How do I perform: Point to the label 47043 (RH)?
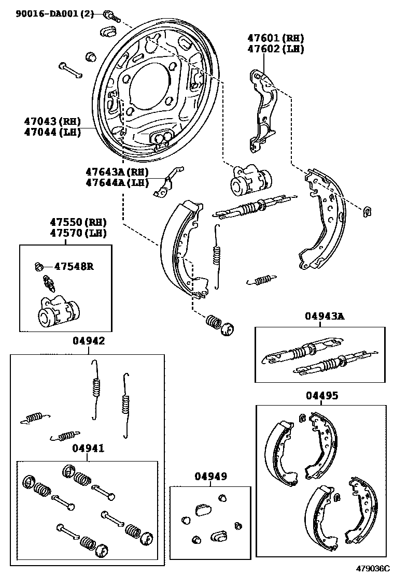coord(52,121)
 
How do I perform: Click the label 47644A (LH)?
coord(117,182)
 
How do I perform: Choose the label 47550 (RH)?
coord(78,222)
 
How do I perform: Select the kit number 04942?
coord(89,341)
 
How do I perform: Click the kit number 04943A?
coord(324,316)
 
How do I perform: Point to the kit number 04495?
coord(321,396)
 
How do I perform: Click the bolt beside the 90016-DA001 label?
coord(110,16)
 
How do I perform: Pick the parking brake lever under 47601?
coord(263,109)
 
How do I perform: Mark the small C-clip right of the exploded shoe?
coord(368,210)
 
